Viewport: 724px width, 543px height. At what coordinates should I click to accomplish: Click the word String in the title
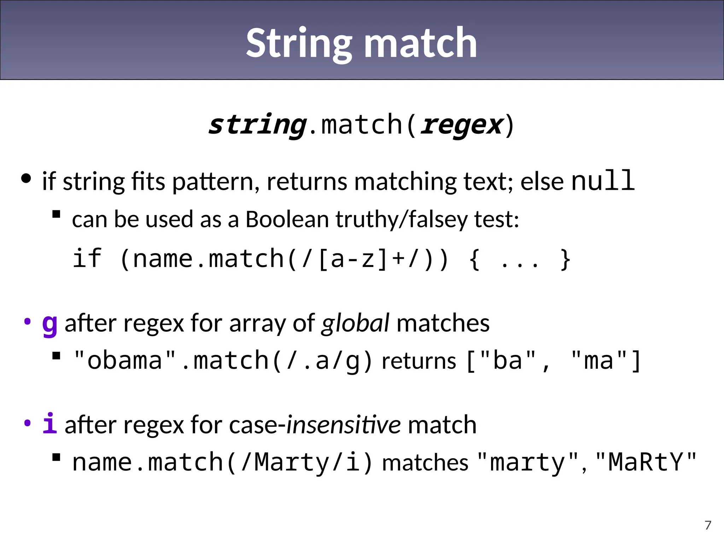[x=299, y=43]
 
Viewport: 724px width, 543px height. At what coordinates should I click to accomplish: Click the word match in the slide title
[x=420, y=43]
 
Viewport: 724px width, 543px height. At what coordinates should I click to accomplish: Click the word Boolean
[x=287, y=219]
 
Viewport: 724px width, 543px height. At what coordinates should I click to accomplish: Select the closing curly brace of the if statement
[x=565, y=259]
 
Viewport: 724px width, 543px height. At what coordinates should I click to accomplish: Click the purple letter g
[x=49, y=323]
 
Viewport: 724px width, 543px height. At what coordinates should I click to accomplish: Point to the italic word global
[x=355, y=323]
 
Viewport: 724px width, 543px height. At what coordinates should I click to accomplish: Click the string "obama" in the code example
[x=125, y=361]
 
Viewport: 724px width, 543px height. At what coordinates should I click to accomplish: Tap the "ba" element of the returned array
[x=508, y=361]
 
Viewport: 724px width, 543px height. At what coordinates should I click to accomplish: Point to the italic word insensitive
[x=343, y=425]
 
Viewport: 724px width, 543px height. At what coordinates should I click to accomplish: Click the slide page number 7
[x=708, y=525]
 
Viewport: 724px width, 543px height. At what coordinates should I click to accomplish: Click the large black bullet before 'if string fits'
[x=26, y=178]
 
